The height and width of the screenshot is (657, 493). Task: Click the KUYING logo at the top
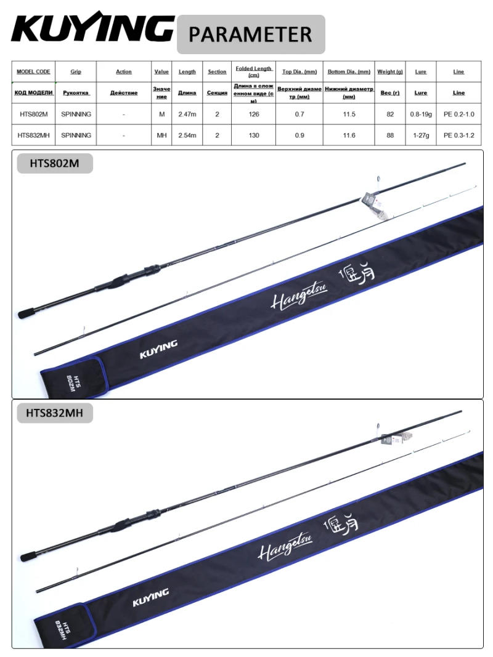click(92, 30)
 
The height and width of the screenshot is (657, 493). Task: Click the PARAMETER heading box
click(250, 34)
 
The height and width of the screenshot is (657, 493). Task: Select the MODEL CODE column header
click(33, 71)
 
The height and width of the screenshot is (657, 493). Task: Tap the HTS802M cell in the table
click(33, 114)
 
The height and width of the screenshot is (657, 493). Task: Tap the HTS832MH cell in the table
click(33, 135)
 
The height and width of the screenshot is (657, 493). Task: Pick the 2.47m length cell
click(187, 114)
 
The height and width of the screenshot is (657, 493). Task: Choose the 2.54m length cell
click(187, 135)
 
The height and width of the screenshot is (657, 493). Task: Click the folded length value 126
click(254, 114)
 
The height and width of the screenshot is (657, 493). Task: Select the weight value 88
click(390, 135)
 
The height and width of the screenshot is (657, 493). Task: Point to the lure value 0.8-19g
click(421, 114)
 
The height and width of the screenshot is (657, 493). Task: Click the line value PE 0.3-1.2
click(458, 135)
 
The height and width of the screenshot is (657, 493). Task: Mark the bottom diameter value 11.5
click(349, 114)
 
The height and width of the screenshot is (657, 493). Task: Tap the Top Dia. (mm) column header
click(299, 71)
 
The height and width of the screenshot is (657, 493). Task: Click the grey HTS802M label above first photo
click(55, 163)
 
